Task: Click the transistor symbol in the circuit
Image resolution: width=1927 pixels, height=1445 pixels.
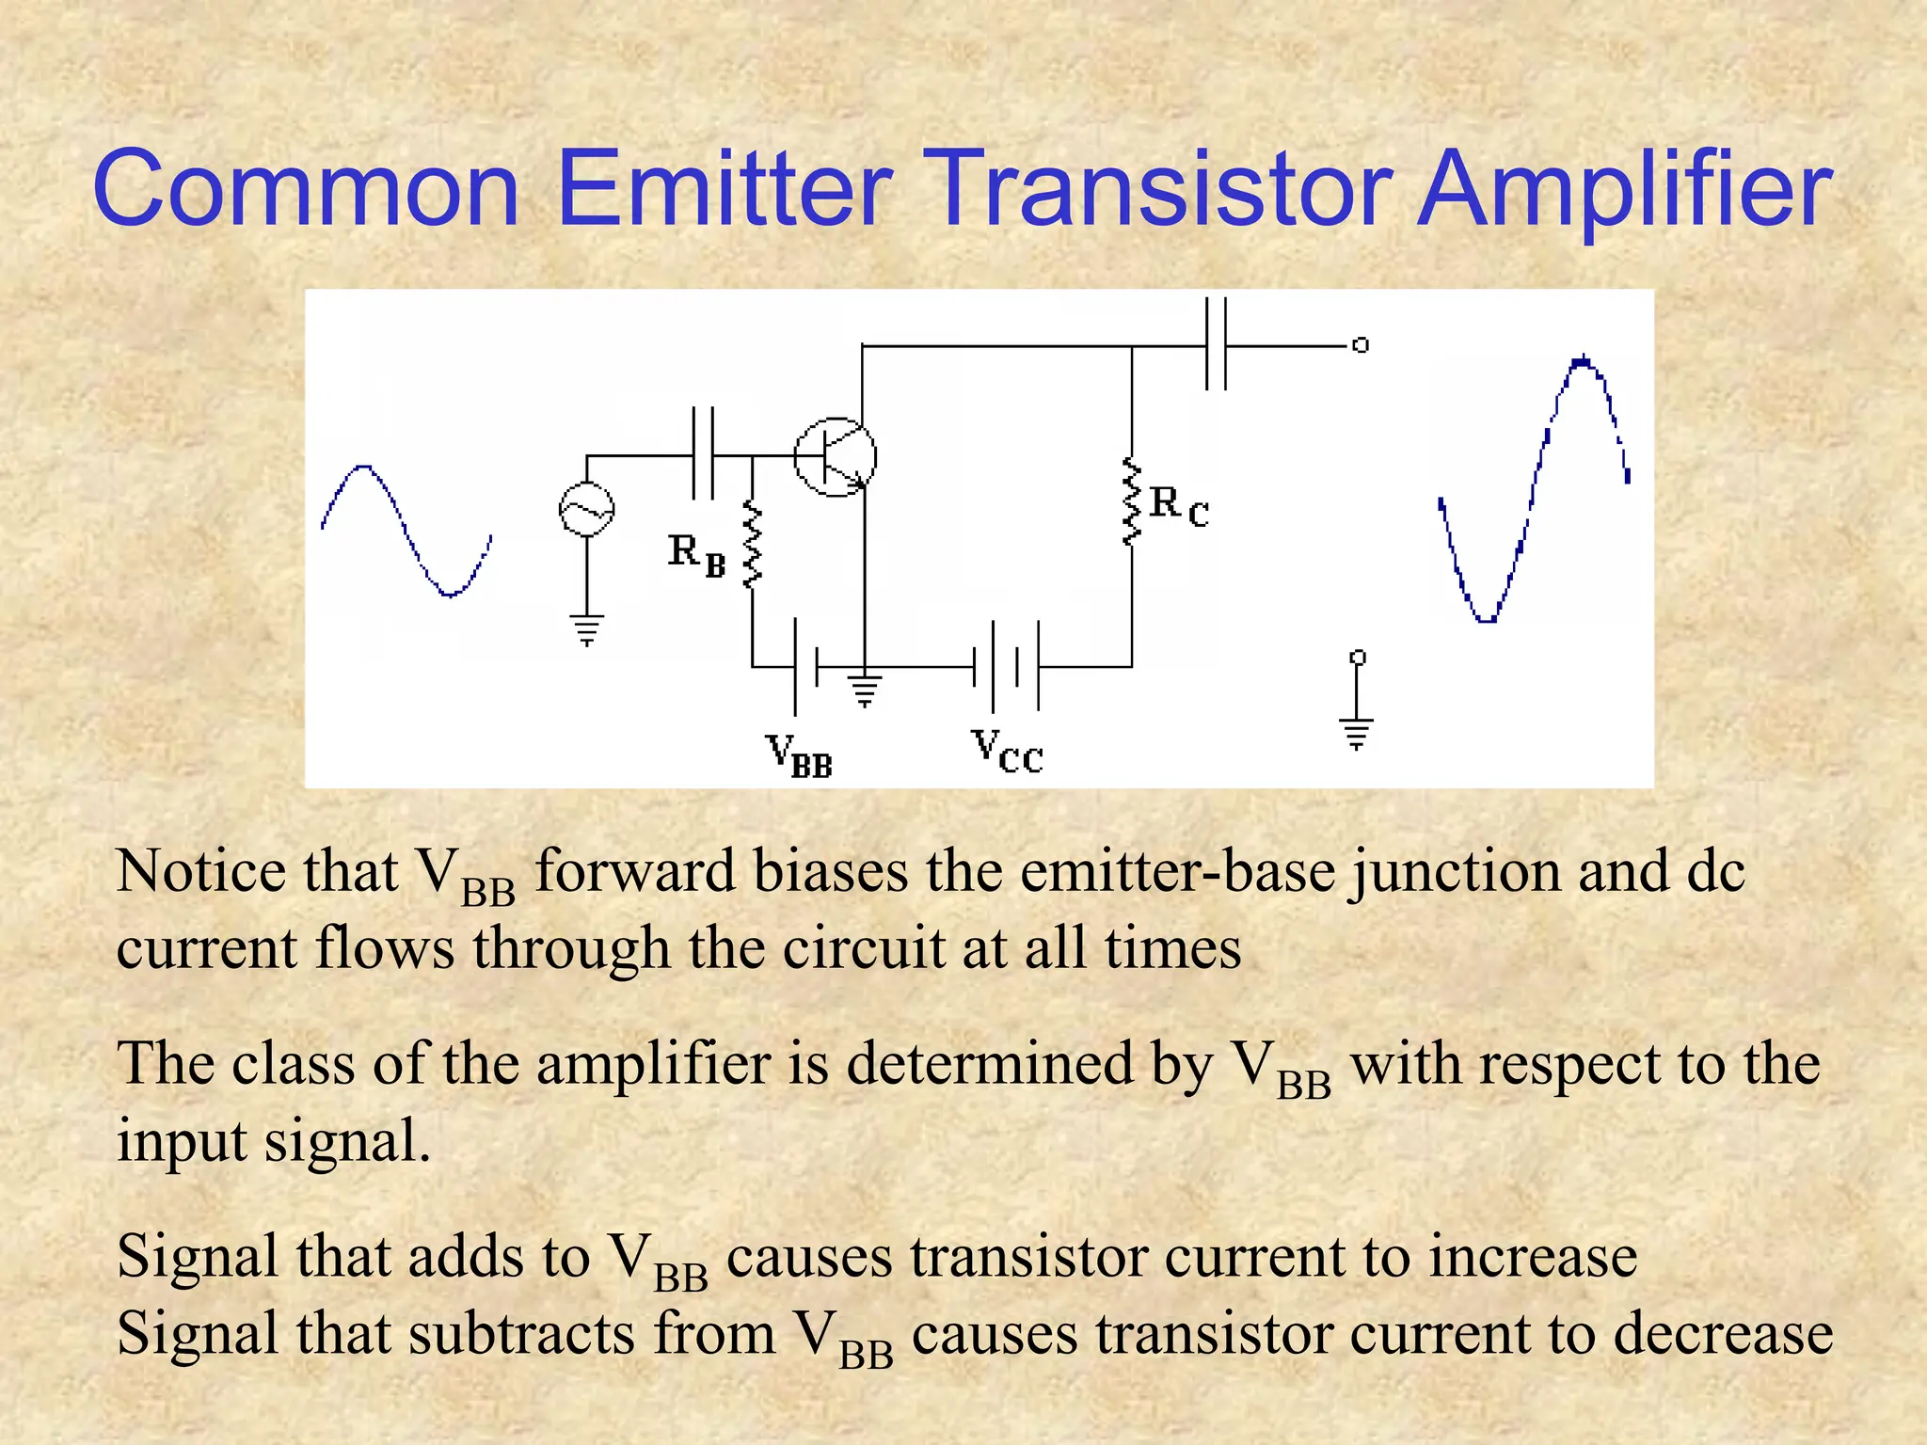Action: tap(835, 457)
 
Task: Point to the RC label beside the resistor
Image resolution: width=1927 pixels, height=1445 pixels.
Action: tap(1178, 506)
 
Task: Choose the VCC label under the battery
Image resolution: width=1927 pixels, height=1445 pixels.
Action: tap(1007, 752)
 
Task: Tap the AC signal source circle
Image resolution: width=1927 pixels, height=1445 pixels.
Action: tap(586, 510)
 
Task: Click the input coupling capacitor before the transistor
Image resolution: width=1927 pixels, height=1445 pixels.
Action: tap(703, 454)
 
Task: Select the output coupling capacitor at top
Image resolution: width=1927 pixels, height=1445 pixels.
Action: tap(1216, 344)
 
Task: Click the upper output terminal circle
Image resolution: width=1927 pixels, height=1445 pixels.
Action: tap(1361, 345)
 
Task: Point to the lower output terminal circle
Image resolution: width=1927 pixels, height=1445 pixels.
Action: tap(1357, 657)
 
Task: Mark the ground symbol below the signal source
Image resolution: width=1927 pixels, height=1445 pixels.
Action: tap(586, 629)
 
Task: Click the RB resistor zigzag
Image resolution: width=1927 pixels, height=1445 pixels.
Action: tap(752, 544)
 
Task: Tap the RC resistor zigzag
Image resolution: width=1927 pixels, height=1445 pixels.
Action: tap(1131, 501)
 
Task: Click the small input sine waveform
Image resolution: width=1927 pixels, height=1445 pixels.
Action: tap(406, 530)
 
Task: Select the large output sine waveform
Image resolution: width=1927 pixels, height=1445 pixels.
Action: tap(1534, 489)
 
